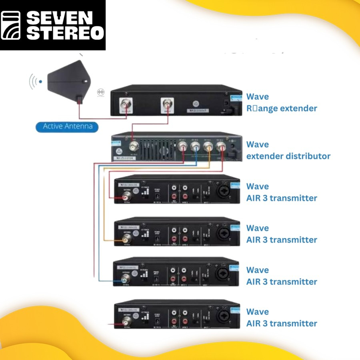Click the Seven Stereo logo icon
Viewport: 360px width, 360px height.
tap(11, 25)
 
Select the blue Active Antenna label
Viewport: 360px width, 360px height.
tap(67, 127)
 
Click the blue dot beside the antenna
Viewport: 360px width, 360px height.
tap(40, 82)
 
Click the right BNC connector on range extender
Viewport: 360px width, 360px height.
tap(167, 105)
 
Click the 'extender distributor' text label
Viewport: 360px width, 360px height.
tap(288, 156)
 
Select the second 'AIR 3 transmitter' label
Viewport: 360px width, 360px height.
tap(282, 240)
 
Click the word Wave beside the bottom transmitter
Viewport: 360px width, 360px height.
tap(258, 312)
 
